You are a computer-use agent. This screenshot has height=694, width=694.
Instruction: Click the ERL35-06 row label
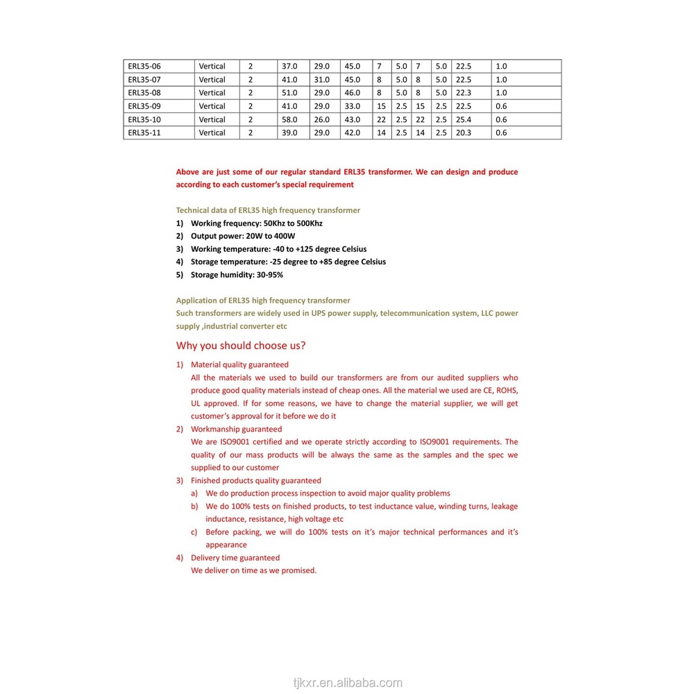click(x=144, y=67)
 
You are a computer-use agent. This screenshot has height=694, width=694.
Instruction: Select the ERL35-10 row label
click(x=144, y=119)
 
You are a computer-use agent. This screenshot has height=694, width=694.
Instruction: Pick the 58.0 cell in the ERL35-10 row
click(x=289, y=119)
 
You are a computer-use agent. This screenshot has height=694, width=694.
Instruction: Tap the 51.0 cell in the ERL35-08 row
click(x=289, y=93)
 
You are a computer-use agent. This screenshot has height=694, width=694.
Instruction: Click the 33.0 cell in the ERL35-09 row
click(x=353, y=106)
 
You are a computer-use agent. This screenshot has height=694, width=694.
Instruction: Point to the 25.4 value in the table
click(x=464, y=119)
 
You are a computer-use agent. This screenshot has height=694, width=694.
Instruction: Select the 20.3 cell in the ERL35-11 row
click(x=464, y=133)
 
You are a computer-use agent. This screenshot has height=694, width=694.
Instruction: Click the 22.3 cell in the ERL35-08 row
click(x=464, y=93)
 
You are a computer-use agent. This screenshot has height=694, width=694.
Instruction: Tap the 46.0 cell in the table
click(x=353, y=93)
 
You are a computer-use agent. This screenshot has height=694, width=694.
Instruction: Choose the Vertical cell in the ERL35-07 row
click(x=212, y=80)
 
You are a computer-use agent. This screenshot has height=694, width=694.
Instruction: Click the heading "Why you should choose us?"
click(x=241, y=346)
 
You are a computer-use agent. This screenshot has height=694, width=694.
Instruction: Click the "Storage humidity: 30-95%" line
click(x=237, y=275)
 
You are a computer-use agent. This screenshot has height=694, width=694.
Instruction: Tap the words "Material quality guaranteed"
click(x=239, y=364)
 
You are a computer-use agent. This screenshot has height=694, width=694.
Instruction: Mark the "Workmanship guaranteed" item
click(x=236, y=430)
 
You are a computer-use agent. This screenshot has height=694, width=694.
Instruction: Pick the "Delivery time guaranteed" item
click(x=235, y=558)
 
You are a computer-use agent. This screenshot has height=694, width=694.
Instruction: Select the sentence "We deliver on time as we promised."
click(x=253, y=570)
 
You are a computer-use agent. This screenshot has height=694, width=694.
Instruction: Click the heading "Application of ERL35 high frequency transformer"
click(x=263, y=301)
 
